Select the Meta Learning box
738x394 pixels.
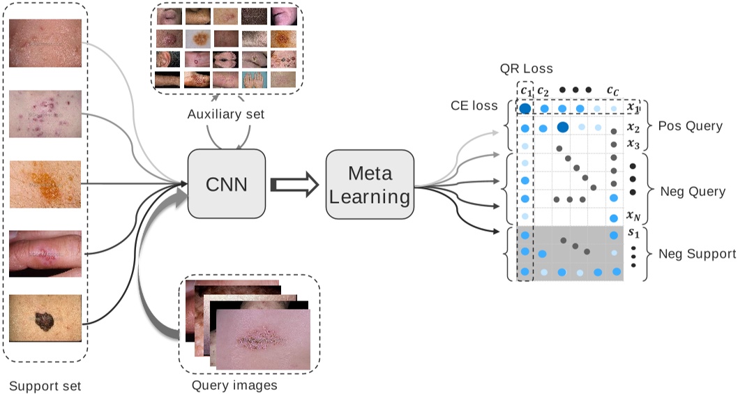pos(369,186)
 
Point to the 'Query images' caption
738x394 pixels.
pos(234,384)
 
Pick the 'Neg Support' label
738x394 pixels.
pos(697,254)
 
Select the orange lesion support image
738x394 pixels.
pos(45,183)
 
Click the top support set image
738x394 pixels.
pos(45,43)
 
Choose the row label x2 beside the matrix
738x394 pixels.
pos(633,128)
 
